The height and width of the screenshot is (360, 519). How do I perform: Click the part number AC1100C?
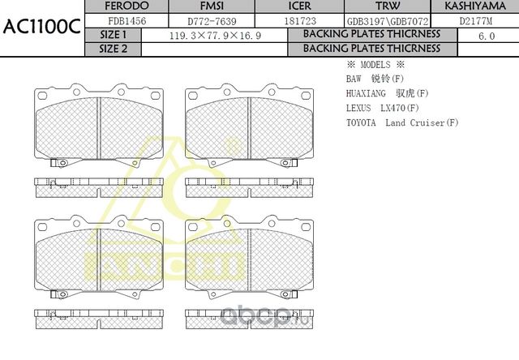(41, 26)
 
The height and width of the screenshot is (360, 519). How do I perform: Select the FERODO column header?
(127, 6)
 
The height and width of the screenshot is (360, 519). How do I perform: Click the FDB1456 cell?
(127, 20)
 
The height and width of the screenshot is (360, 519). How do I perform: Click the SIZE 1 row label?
(113, 35)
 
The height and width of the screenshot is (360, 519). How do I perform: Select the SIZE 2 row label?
(113, 49)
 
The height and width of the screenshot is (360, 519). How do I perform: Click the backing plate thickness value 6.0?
(487, 36)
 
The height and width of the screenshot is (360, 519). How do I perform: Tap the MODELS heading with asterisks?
(375, 64)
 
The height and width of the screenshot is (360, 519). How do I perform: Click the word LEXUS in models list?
(360, 108)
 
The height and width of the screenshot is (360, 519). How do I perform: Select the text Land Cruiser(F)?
(422, 122)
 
